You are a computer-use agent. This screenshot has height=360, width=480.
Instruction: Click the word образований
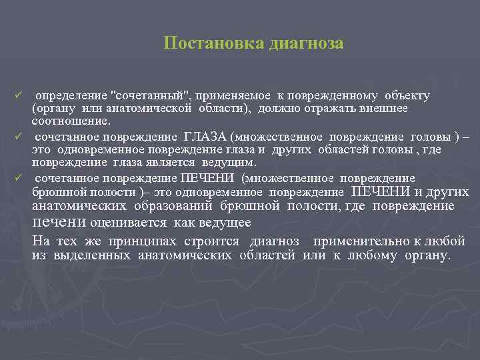point(175,207)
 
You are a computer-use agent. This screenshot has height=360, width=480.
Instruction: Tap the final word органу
point(428,256)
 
